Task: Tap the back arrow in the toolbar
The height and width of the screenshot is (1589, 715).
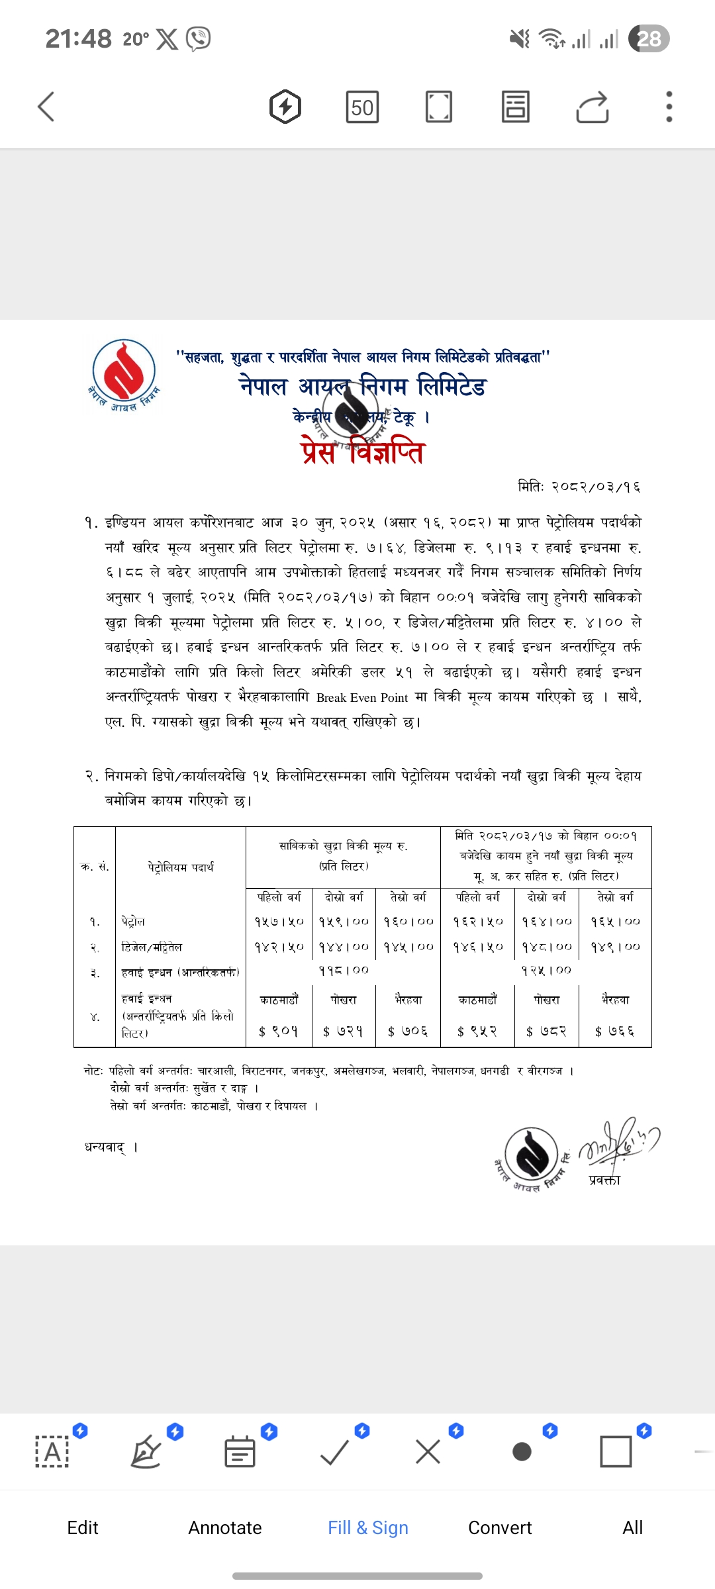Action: [46, 107]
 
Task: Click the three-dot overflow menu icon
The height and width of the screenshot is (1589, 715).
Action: [669, 107]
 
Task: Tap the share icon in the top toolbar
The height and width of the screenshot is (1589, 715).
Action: [592, 107]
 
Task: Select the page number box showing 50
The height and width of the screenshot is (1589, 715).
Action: [362, 107]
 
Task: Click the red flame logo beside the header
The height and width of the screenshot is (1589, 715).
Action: [124, 372]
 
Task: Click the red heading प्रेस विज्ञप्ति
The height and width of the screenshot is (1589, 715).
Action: [362, 452]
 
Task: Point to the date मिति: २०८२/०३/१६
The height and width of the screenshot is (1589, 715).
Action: [579, 487]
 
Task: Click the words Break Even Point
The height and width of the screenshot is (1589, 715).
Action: [361, 697]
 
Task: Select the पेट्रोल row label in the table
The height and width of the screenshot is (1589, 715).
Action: [133, 922]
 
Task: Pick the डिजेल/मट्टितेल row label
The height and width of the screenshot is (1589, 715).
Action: [152, 947]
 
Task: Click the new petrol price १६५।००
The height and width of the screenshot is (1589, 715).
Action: [615, 921]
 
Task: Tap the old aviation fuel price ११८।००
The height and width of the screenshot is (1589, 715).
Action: [344, 970]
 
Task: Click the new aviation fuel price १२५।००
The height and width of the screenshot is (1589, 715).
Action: [546, 970]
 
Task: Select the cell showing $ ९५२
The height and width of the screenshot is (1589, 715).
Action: [477, 1031]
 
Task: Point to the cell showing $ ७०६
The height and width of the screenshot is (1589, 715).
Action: [408, 1031]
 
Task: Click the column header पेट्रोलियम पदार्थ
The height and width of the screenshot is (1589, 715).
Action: [181, 867]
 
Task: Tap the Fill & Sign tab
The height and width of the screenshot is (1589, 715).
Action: [368, 1527]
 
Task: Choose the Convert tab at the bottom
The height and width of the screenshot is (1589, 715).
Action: [500, 1527]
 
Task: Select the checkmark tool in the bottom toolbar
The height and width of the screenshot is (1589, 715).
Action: [334, 1453]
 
